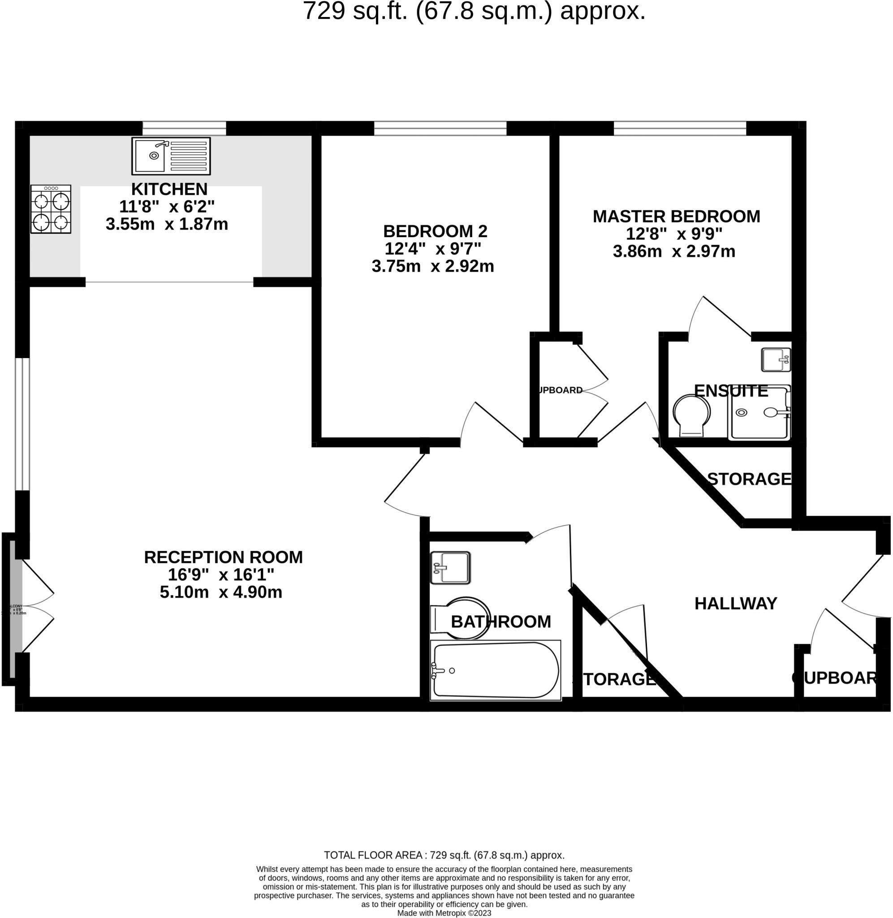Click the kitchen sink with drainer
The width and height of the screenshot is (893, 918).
(x=171, y=156)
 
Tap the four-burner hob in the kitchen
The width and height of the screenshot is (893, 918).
(x=51, y=209)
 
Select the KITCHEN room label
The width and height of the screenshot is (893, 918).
(x=169, y=189)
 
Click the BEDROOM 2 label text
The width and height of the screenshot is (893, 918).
(x=435, y=231)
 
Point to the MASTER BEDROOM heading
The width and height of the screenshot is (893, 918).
(x=676, y=216)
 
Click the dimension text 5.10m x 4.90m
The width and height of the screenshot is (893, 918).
(x=221, y=592)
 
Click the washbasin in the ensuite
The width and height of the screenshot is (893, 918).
(x=775, y=360)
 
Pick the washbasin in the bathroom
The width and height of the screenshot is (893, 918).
(x=450, y=567)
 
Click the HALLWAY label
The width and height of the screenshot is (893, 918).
(x=735, y=603)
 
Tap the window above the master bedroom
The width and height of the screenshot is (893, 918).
(x=680, y=128)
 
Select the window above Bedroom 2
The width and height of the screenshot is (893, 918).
(x=440, y=128)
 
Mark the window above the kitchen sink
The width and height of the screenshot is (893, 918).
(x=184, y=128)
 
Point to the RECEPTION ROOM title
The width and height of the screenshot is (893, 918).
(x=223, y=557)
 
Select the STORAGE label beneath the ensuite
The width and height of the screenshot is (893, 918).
(x=749, y=479)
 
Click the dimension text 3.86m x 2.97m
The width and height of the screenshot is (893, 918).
(x=673, y=251)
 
